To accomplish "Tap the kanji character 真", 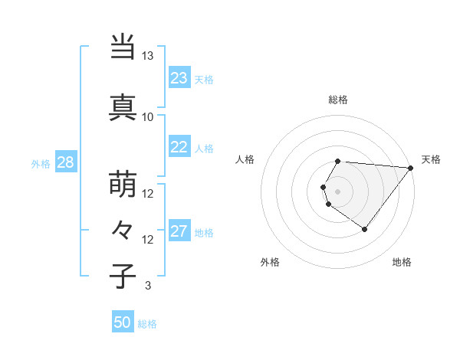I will coord(123,106).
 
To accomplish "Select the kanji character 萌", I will coord(123,183).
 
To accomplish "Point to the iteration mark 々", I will coord(123,229).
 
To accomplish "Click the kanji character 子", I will coord(123,275).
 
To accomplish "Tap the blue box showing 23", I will coord(179,78).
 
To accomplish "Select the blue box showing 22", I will coord(179,147).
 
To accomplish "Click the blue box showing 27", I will coord(179,231).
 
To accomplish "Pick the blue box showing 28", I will coord(65,162).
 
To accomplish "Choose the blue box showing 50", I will coord(123,322).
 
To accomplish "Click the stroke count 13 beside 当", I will coord(147,56).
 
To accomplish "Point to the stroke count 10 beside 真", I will coord(147,117).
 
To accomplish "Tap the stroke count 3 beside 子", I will coord(147,286).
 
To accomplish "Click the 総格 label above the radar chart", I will coord(338,100).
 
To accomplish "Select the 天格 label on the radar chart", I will coord(431,159).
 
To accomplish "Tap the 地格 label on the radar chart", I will coord(402,262).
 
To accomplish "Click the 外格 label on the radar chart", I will coord(269,262).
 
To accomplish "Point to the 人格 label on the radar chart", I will coord(245,159).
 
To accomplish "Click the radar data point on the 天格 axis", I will coord(410,168).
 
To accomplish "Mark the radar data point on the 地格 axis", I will coord(364,229).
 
